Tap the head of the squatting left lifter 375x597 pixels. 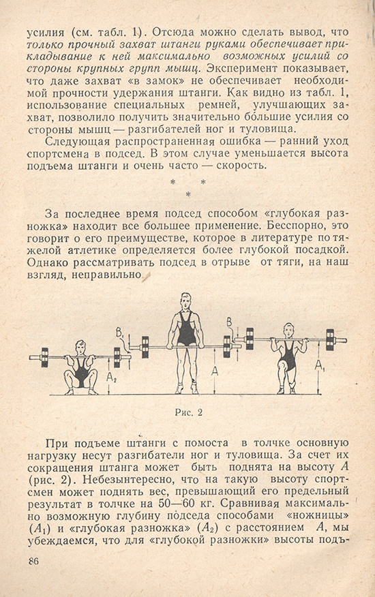(x=80, y=348)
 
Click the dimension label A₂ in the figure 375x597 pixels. (x=112, y=378)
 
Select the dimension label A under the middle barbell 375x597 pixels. (x=215, y=371)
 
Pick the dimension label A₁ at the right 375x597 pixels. (x=319, y=366)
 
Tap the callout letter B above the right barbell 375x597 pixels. (x=229, y=323)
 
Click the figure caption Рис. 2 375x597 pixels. (x=189, y=412)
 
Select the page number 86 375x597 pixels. (x=33, y=561)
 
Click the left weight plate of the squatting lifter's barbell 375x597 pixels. (x=44, y=357)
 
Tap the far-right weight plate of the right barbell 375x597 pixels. (x=330, y=339)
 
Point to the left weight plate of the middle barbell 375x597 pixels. (x=145, y=347)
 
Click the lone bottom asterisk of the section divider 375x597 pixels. (x=187, y=195)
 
